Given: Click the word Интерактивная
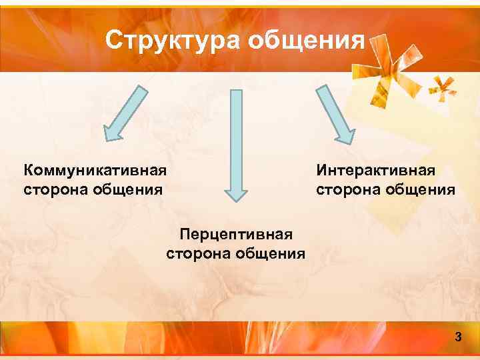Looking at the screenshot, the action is click(x=376, y=171).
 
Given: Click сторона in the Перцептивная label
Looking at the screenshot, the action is click(x=198, y=253).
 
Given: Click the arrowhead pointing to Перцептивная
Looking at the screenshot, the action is click(x=235, y=192).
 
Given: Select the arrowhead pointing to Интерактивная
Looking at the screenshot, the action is click(x=343, y=133).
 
